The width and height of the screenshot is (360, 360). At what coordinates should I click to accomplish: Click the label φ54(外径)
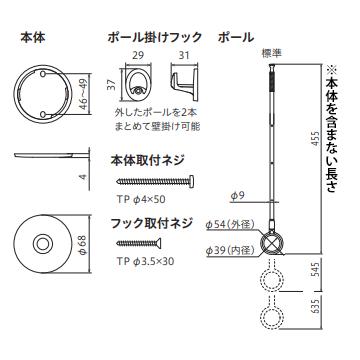click(x=231, y=225)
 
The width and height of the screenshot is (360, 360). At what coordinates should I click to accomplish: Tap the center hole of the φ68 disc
click(x=44, y=245)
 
